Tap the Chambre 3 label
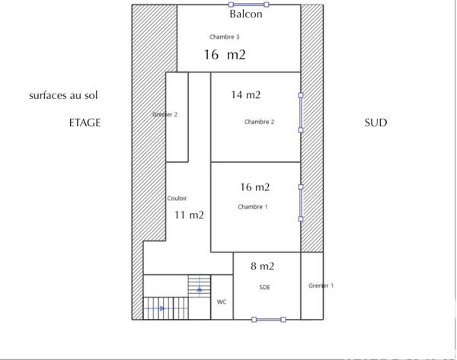tap(225, 37)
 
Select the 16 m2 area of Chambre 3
tap(225, 55)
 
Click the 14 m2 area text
tap(246, 95)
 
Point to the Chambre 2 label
tap(259, 122)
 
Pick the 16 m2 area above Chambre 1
tap(255, 187)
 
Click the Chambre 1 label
tap(253, 207)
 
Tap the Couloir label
tap(177, 198)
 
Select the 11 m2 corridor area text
tap(189, 215)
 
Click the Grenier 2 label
tap(165, 115)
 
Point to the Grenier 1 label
tap(321, 285)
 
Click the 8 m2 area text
tap(263, 266)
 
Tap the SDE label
tap(264, 287)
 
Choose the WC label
tap(222, 302)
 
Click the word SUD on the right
tap(376, 123)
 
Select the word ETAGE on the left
tap(85, 123)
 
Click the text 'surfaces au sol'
tap(64, 96)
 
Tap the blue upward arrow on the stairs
tap(200, 289)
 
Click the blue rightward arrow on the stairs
tap(161, 308)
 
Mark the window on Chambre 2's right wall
tap(301, 113)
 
